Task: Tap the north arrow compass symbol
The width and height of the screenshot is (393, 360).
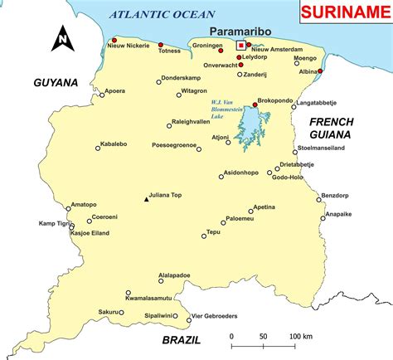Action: tap(61, 39)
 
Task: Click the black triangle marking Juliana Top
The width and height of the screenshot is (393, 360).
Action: tap(147, 199)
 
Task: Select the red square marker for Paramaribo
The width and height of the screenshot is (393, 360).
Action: tap(240, 45)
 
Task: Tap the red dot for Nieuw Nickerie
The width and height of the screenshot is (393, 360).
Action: tap(114, 40)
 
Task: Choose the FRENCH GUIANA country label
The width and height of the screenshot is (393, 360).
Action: tap(332, 128)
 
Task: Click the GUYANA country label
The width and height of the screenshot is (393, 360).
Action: tap(56, 83)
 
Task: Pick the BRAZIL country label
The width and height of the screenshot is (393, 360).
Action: tap(183, 340)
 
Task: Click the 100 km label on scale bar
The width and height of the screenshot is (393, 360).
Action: tap(301, 336)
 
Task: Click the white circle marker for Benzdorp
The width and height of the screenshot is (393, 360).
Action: tap(318, 199)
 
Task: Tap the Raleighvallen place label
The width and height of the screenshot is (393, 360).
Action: tap(192, 122)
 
